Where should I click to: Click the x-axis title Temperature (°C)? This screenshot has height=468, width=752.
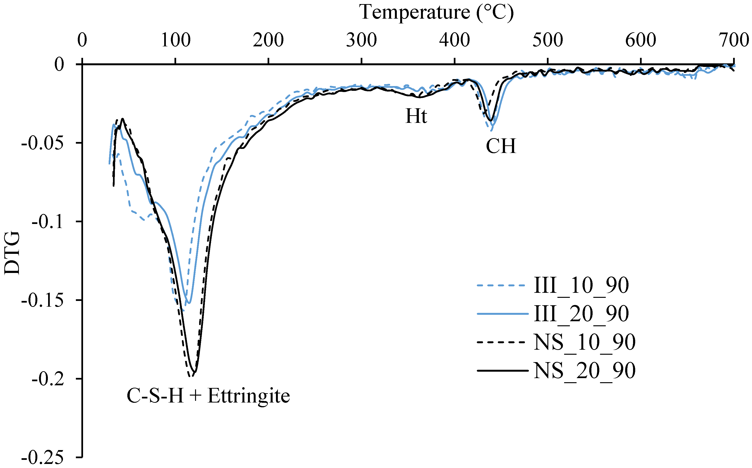tap(436, 13)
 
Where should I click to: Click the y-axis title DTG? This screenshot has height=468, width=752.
tap(12, 253)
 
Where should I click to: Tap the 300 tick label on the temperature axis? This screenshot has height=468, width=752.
tap(361, 41)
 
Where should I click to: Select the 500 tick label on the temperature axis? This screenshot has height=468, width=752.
tap(548, 41)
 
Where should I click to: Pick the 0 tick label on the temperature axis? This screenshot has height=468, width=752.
tap(82, 41)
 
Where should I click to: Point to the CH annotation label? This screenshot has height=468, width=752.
tap(501, 146)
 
